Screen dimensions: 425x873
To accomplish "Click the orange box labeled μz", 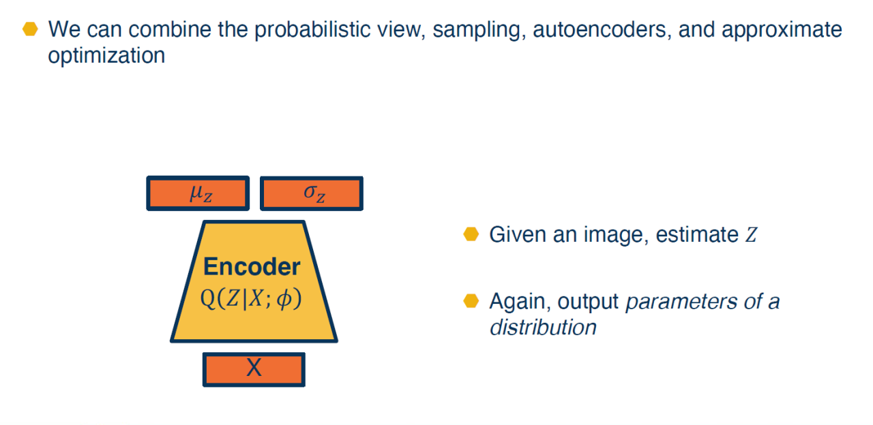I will (x=198, y=193).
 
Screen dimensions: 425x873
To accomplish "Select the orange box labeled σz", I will (x=312, y=193).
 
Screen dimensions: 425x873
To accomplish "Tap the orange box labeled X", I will (x=254, y=369).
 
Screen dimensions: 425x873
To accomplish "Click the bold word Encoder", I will (x=252, y=266).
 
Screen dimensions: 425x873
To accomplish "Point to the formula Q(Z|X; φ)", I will (x=252, y=299).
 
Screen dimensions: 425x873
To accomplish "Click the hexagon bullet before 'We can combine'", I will (x=30, y=29).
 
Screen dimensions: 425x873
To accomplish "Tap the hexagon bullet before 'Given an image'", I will (x=471, y=234).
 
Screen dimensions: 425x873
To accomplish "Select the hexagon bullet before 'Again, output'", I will (x=471, y=301).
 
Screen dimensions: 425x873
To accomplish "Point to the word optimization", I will (x=106, y=56).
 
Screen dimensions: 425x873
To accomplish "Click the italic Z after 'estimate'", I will (x=751, y=235).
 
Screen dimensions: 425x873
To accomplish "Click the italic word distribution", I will (x=543, y=328).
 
